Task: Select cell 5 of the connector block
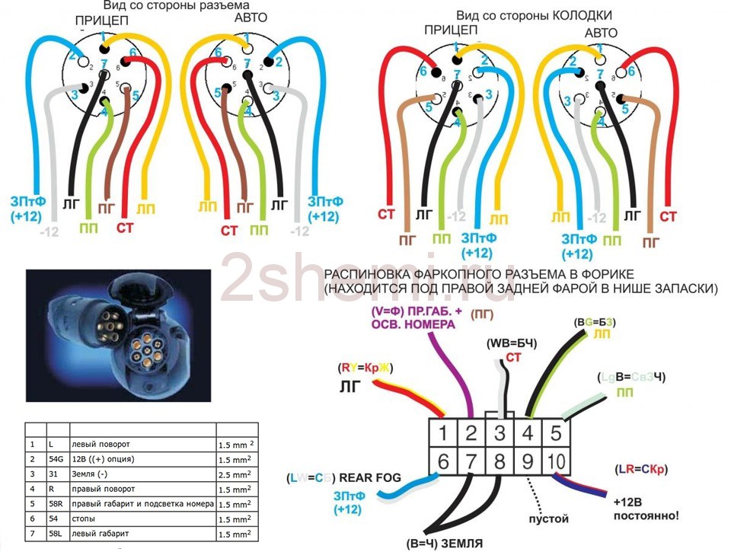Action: coord(557,434)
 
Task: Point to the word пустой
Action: coord(548,519)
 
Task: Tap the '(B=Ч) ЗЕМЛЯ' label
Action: coord(445,543)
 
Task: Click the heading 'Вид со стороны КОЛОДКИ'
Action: coord(534,14)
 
